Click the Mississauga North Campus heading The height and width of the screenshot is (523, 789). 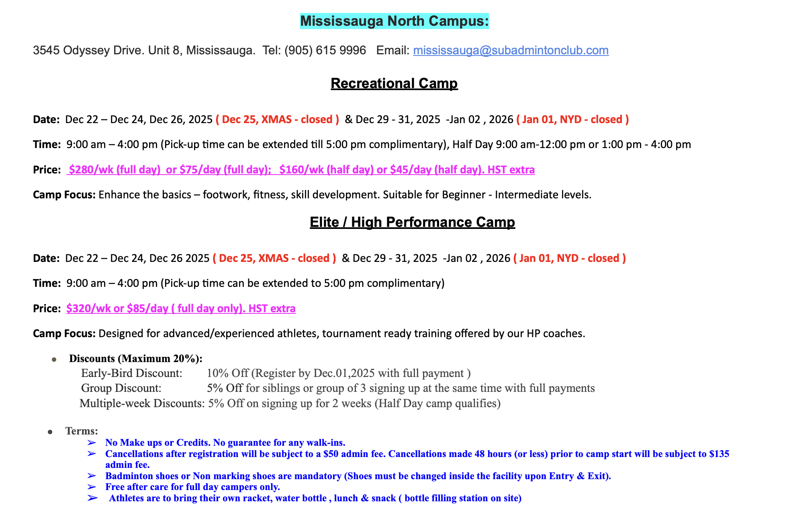394,21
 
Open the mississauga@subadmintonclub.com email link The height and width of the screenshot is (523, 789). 511,50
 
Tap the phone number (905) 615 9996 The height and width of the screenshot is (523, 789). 325,50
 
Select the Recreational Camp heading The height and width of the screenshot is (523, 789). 394,83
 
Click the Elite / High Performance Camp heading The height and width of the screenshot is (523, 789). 412,222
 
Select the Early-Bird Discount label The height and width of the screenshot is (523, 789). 132,373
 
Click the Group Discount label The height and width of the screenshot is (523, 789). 121,388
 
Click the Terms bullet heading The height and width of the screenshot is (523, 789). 82,431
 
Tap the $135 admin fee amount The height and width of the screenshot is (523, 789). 719,454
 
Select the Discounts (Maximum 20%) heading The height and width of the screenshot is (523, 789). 136,358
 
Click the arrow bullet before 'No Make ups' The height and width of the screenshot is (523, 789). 92,443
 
